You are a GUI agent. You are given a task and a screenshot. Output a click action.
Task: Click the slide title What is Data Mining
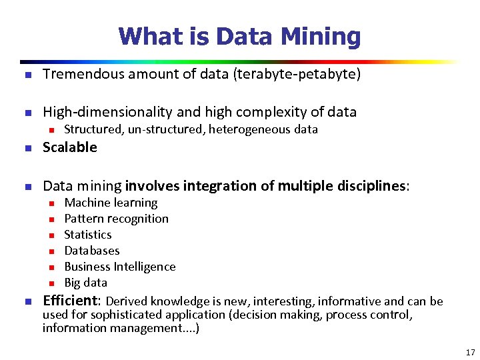pos(239,36)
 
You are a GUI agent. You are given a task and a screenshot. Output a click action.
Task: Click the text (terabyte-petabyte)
pos(297,74)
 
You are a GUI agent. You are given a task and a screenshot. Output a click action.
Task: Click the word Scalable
pos(70,147)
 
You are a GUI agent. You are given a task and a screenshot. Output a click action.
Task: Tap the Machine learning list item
pos(111,203)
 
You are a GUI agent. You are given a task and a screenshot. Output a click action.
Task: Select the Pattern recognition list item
pos(116,219)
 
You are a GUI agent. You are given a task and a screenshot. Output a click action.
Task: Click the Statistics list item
pos(88,235)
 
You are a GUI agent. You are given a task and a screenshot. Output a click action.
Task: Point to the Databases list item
pos(92,251)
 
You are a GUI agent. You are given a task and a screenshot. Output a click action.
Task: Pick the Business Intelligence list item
pos(120,267)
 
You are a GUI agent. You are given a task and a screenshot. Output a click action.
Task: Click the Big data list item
pos(85,283)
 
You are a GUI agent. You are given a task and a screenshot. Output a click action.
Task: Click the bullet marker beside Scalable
pos(27,148)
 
